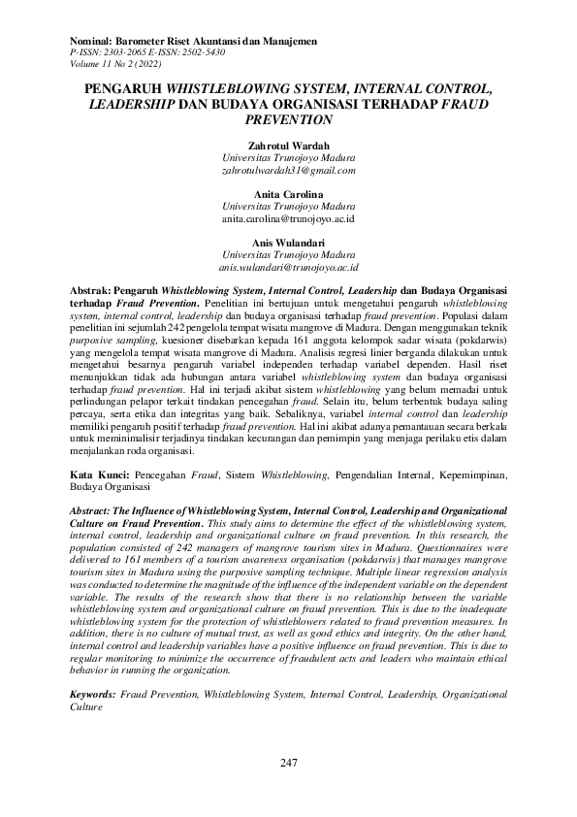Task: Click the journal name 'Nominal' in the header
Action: point(95,41)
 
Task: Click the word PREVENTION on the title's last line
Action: point(288,119)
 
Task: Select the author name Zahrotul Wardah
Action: point(288,144)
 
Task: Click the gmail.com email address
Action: point(288,169)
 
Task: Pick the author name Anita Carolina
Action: point(288,194)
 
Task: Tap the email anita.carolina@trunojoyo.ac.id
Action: point(288,219)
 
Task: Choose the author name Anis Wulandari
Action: point(288,242)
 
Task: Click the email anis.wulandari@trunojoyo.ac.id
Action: point(288,266)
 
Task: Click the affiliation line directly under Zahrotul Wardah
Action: point(288,156)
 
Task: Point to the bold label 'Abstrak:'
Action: point(92,290)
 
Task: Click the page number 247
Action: point(288,764)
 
